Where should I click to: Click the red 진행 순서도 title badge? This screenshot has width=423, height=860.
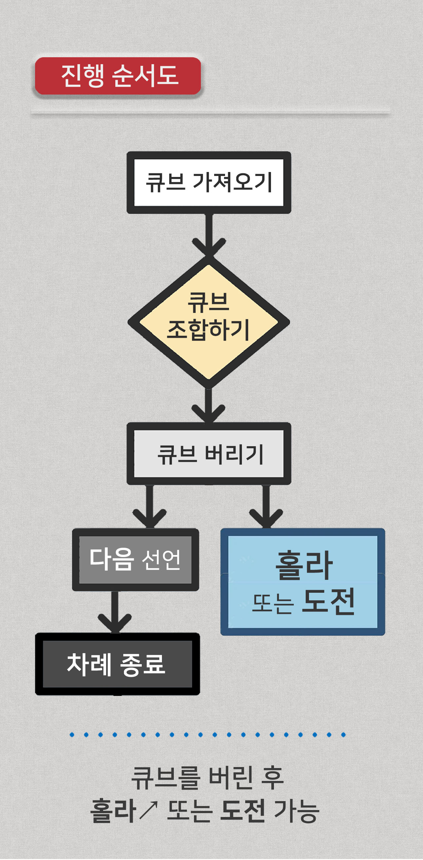[x=118, y=76]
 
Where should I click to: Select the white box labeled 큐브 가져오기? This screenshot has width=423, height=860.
[x=209, y=182]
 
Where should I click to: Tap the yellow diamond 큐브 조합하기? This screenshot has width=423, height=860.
[x=209, y=322]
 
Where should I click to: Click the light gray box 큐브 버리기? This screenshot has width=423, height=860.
[x=209, y=453]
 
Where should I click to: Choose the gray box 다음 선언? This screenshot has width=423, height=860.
[x=135, y=560]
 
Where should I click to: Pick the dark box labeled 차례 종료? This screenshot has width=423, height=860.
[x=117, y=664]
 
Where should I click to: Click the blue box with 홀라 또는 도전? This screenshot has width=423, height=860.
[x=303, y=581]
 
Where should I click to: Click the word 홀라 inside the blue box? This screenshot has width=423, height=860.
[x=304, y=565]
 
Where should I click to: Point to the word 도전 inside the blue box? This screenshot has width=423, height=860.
[x=328, y=601]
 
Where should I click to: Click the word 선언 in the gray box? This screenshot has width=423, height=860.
[x=162, y=560]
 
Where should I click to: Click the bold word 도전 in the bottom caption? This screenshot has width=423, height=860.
[x=243, y=811]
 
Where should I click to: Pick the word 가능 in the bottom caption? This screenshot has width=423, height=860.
[x=296, y=811]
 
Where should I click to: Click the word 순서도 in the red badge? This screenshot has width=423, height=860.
[x=145, y=76]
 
